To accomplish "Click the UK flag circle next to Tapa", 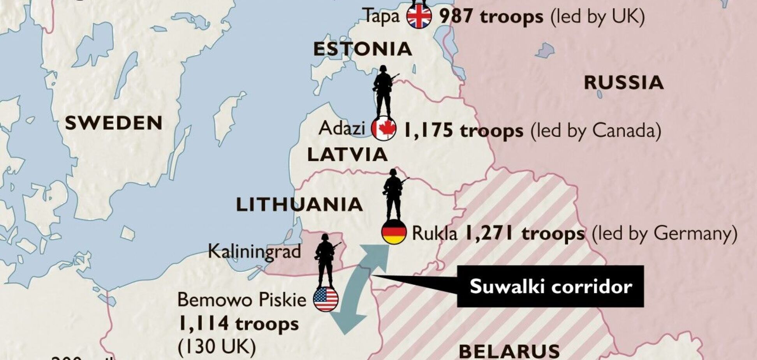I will click(x=419, y=16).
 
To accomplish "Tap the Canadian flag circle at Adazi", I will click(x=384, y=129).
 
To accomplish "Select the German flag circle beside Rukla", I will click(x=394, y=232).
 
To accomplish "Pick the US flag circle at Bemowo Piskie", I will click(x=326, y=299).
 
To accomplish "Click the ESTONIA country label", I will click(x=363, y=49).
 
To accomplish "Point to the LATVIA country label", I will click(x=347, y=155).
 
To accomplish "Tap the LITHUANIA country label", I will click(x=299, y=205).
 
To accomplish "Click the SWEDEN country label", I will click(x=114, y=123).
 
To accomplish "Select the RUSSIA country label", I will click(x=624, y=83).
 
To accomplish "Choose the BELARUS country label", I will click(x=509, y=351).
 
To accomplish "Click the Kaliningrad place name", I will click(x=255, y=251).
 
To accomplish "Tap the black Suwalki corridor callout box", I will click(x=550, y=287).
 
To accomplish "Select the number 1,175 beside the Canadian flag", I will click(x=427, y=131).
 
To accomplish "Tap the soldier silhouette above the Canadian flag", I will click(x=384, y=91).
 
